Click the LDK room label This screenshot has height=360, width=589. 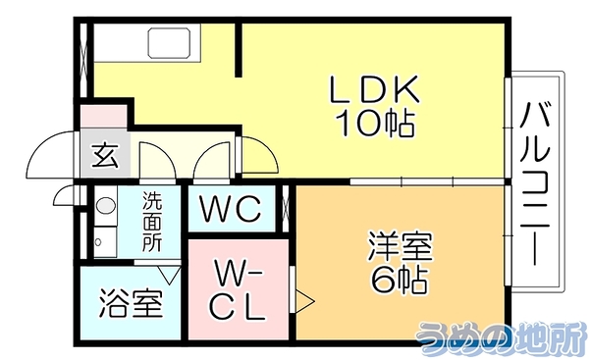(374, 89)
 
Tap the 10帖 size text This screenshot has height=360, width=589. (375, 124)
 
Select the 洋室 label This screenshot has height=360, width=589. (401, 246)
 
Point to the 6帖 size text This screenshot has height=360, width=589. (399, 280)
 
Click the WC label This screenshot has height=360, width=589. (231, 208)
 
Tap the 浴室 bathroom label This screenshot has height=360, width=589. (132, 303)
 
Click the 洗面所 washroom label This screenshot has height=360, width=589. (152, 222)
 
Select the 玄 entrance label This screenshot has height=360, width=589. (106, 156)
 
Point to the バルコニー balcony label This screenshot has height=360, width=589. (535, 183)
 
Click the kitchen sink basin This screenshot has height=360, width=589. (169, 43)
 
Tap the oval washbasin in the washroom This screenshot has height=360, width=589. (105, 205)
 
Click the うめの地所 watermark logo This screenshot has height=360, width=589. (501, 337)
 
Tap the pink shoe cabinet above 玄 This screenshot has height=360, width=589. (104, 117)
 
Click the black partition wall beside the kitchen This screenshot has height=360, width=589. (239, 50)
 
